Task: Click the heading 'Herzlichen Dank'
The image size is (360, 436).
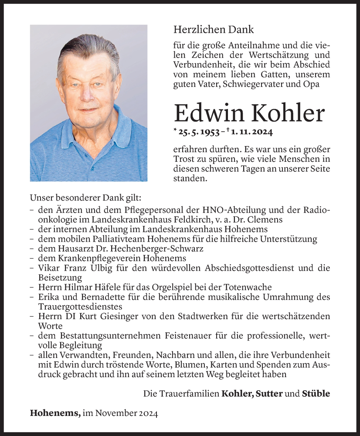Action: point(213,30)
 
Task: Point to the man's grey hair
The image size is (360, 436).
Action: point(89,50)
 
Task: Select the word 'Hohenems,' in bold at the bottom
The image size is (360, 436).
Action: point(55,413)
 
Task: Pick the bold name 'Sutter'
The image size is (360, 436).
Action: point(268,394)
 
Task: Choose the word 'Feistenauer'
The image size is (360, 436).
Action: point(202,336)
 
